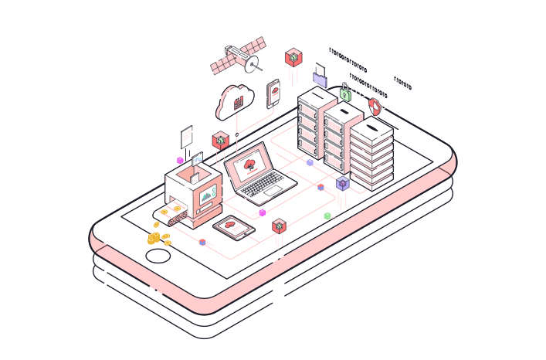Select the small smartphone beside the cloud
tap(273, 94)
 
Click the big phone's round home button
tap(158, 256)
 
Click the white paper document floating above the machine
tap(186, 137)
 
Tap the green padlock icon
tap(345, 94)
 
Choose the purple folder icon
tap(320, 75)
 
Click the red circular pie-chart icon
tap(375, 106)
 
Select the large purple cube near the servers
tap(343, 183)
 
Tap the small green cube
tap(327, 216)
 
